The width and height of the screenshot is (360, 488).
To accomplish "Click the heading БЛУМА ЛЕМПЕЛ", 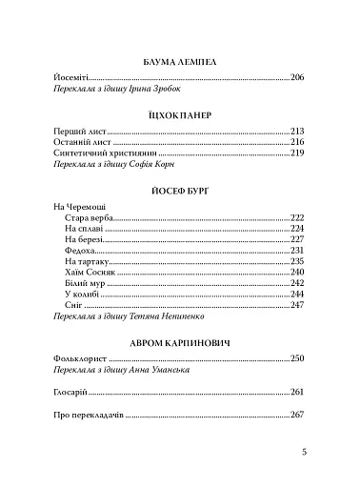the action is (180, 60).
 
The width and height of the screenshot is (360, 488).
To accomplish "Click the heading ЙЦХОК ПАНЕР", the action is (180, 113).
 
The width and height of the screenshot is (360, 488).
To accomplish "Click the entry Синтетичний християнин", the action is (106, 152).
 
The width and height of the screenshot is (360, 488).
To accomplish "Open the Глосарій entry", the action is (76, 392).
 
